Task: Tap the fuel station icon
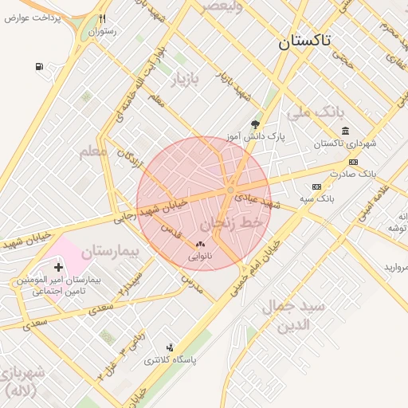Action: pos(39,67)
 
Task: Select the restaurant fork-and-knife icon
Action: pos(102,19)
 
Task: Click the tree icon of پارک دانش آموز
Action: pos(255,124)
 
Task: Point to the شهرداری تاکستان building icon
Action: pos(344,131)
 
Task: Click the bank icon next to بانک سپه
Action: pos(317,186)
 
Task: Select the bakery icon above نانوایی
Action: pos(199,245)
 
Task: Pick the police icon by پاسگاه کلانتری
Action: pos(169,347)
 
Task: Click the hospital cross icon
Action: pos(59,267)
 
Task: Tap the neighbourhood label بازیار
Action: pos(188,79)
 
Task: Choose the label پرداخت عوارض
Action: pos(35,18)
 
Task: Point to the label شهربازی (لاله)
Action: pos(25,382)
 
